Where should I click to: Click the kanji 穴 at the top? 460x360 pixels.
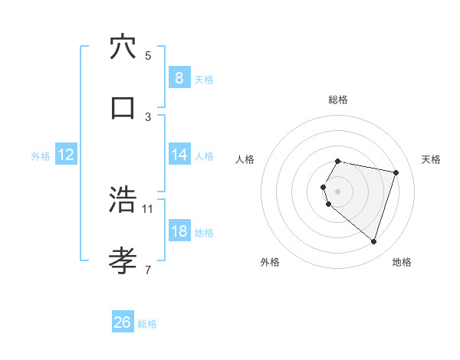coord(123,47)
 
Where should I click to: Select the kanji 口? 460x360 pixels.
coord(123,107)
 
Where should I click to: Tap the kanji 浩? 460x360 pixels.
coord(123,201)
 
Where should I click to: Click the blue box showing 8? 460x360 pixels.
coord(179,77)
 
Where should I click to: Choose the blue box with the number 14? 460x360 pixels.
coord(179,155)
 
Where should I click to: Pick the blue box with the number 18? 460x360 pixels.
coord(179,231)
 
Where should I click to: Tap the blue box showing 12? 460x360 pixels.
coord(66,155)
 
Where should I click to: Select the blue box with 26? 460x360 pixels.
coord(123,322)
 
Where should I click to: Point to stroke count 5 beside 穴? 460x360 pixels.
coord(148,55)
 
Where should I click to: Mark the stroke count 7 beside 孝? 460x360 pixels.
coord(148,269)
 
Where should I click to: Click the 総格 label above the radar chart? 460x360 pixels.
coord(338,100)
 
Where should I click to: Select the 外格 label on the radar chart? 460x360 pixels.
coord(270,262)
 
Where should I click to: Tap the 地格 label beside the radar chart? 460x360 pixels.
coord(402,262)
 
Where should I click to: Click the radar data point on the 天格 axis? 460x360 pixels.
coord(396,172)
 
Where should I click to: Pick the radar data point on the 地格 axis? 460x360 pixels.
coord(373,241)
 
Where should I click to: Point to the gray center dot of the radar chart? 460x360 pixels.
coord(338,191)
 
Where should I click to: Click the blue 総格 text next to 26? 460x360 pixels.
coord(147,324)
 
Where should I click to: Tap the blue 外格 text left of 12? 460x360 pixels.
coord(41,156)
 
